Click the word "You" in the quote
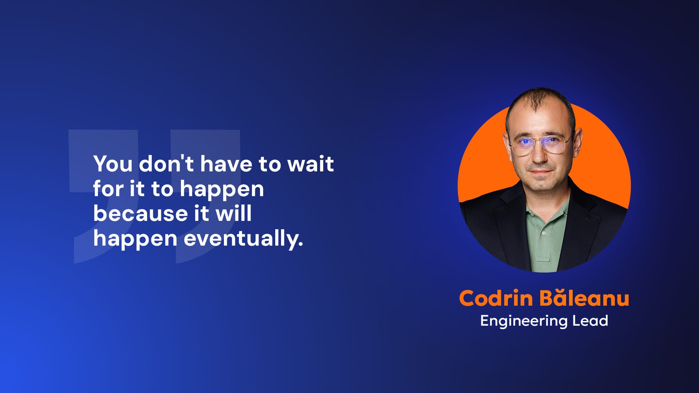[x=113, y=164]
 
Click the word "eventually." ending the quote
[x=244, y=238]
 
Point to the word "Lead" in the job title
[x=590, y=321]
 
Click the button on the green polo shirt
[x=544, y=233]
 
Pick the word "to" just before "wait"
[x=269, y=164]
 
